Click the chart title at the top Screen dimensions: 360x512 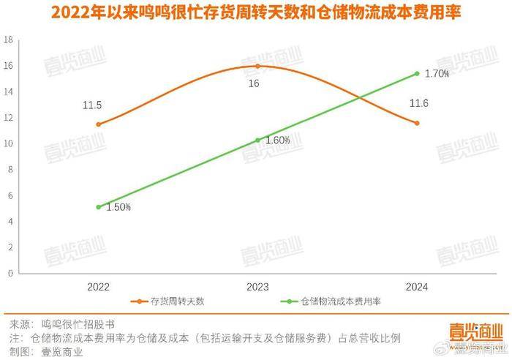pos(256,14)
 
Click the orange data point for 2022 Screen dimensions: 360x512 pos(99,124)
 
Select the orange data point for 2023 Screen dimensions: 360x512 pos(257,66)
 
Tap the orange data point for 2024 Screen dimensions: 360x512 pos(417,123)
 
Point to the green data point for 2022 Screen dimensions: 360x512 pos(99,207)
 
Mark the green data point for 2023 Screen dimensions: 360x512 pos(257,140)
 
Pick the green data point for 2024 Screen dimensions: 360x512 pos(417,73)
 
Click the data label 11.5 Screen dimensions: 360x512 pos(92,105)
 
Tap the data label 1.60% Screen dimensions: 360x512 pos(276,140)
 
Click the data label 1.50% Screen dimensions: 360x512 pos(118,208)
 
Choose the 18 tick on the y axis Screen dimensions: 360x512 pos(10,40)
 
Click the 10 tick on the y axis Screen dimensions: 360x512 pos(10,144)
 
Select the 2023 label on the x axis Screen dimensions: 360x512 pos(257,287)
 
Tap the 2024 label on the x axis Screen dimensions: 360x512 pos(417,287)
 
